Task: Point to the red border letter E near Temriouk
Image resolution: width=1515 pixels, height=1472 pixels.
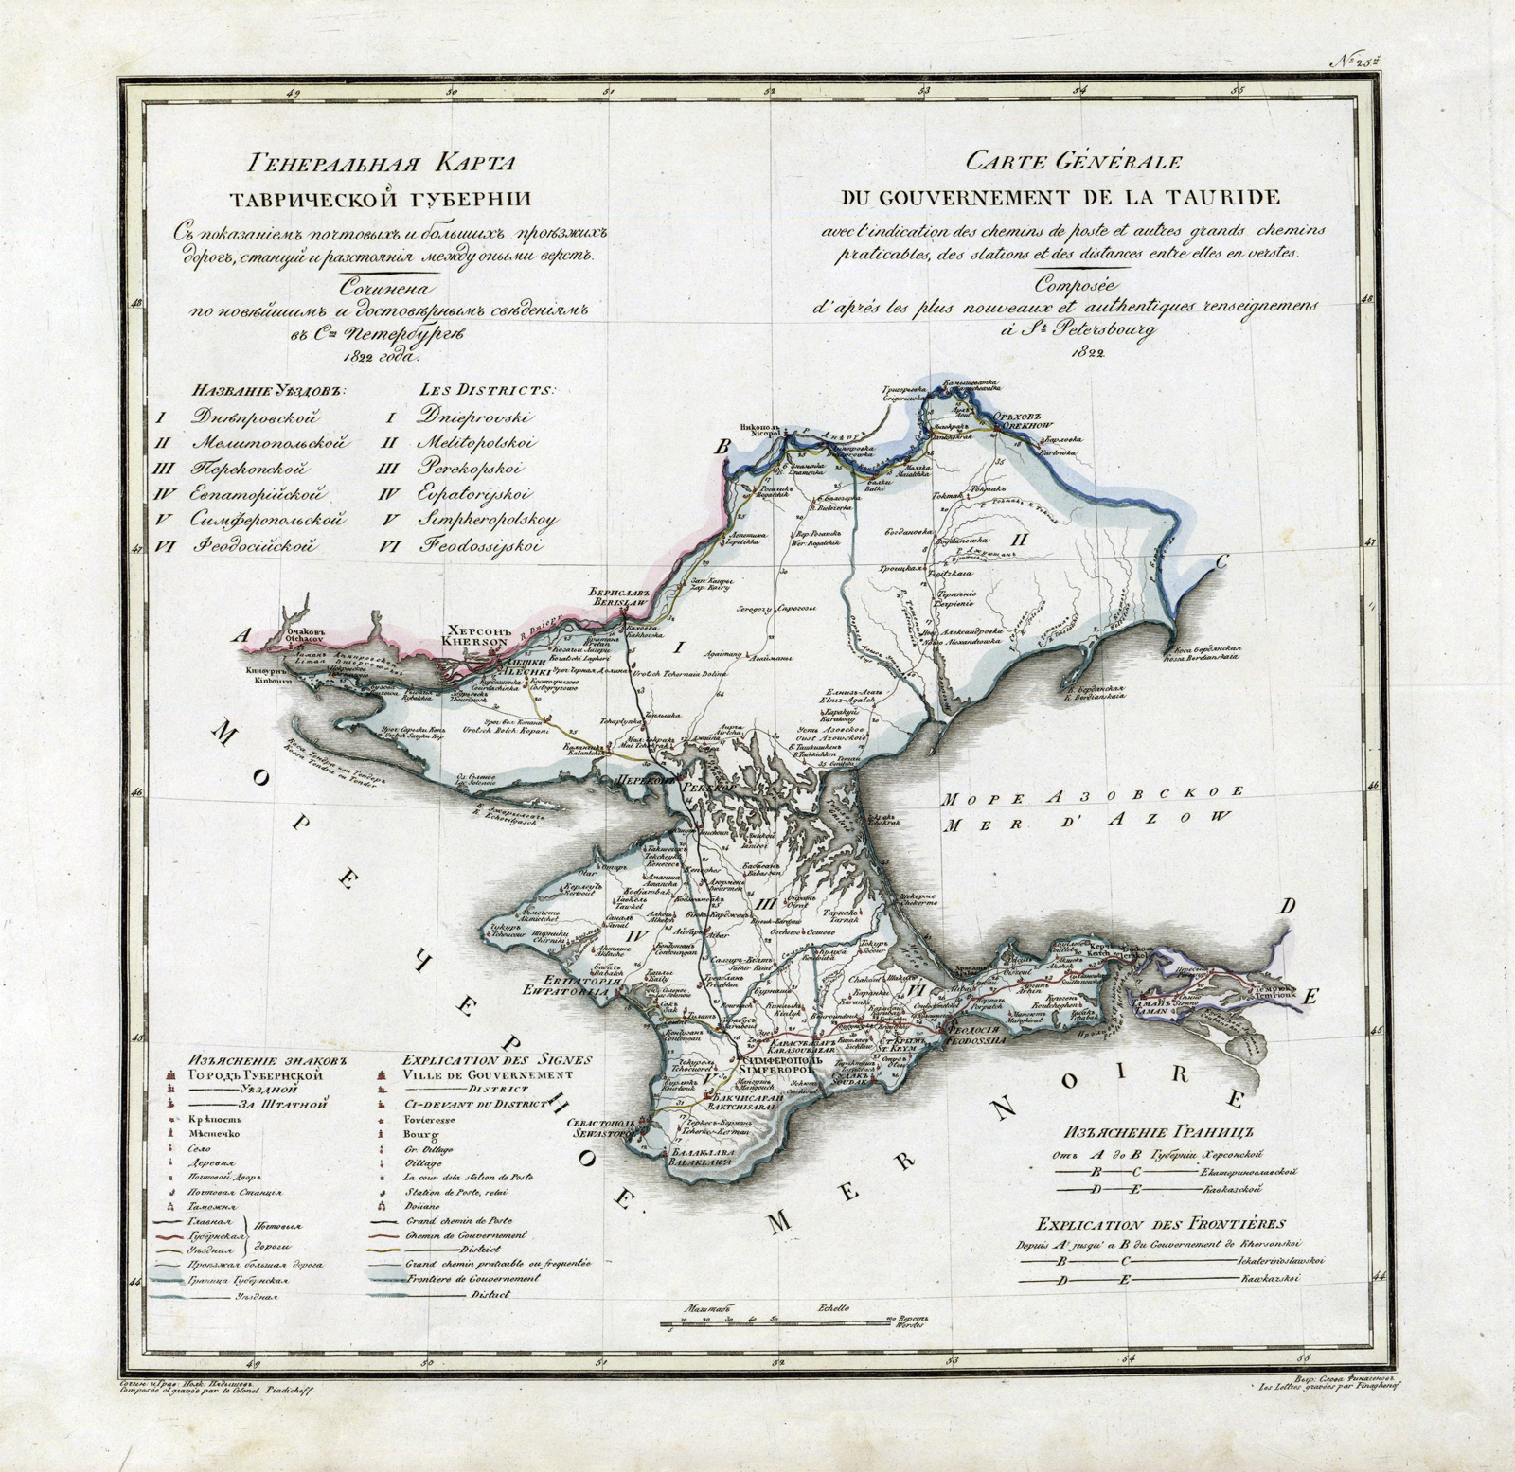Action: pyautogui.click(x=1310, y=995)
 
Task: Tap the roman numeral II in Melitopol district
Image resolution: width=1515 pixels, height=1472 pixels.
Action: pyautogui.click(x=1021, y=540)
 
